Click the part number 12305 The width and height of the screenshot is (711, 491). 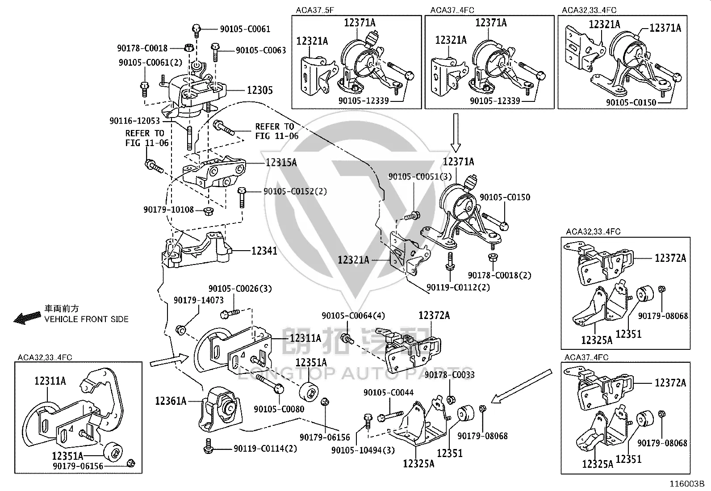tap(259, 90)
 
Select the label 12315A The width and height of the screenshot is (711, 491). tap(281, 163)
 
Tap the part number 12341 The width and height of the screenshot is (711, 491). tap(264, 251)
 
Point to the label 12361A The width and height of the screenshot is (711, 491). tap(171, 401)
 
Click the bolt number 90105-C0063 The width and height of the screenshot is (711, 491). tap(261, 50)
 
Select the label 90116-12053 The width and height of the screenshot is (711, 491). tap(134, 121)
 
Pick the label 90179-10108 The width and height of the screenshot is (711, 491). tap(168, 210)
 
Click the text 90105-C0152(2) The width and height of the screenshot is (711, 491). tap(295, 191)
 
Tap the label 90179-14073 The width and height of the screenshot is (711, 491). tap(198, 300)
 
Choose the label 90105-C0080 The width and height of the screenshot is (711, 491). tap(279, 409)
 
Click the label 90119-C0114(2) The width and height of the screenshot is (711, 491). tap(265, 449)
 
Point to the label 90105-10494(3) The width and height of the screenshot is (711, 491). tap(363, 450)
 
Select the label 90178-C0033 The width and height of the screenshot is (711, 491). tap(449, 375)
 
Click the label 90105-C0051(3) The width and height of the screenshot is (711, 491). tap(420, 176)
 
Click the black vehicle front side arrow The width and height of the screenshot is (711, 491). tap(27, 318)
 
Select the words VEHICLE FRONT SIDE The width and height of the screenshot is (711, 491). tap(86, 319)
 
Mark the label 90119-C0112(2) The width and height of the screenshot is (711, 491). tap(458, 287)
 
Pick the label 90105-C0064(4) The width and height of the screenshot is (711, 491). tap(353, 316)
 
